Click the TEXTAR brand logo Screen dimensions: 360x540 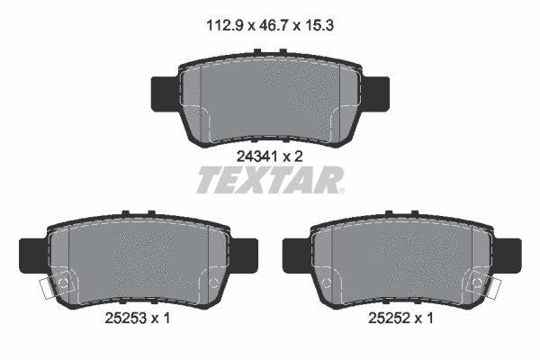pyautogui.click(x=266, y=181)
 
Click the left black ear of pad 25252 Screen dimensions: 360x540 pyautogui.click(x=296, y=254)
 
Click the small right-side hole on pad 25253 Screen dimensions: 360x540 pyautogui.click(x=213, y=284)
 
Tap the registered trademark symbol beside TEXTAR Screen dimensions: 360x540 pyautogui.click(x=339, y=190)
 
